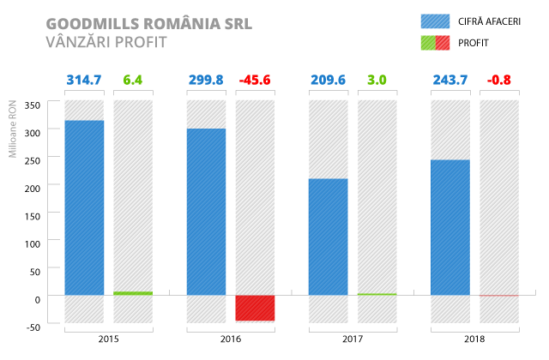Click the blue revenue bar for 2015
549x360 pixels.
pyautogui.click(x=84, y=207)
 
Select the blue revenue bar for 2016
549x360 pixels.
pyautogui.click(x=206, y=212)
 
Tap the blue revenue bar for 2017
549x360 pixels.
pyautogui.click(x=328, y=237)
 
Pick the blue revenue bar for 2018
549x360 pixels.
pyautogui.click(x=449, y=227)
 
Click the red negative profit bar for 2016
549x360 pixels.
pyautogui.click(x=255, y=308)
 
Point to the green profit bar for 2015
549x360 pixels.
pyautogui.click(x=133, y=293)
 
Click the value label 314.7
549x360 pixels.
pyautogui.click(x=84, y=81)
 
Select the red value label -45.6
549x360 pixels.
pyautogui.click(x=255, y=81)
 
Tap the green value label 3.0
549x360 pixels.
pyautogui.click(x=377, y=81)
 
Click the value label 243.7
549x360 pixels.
pyautogui.click(x=449, y=81)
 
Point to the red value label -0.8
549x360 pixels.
pyautogui.click(x=498, y=81)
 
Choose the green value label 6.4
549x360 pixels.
pyautogui.click(x=133, y=81)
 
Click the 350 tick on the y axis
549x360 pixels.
pyautogui.click(x=33, y=105)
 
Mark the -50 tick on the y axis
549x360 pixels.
pyautogui.click(x=33, y=327)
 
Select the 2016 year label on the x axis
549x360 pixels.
pyautogui.click(x=230, y=339)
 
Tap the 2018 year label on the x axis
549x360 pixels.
pyautogui.click(x=474, y=339)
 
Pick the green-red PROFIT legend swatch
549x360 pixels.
pyautogui.click(x=435, y=42)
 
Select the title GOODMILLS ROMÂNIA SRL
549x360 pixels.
pyautogui.click(x=148, y=21)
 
